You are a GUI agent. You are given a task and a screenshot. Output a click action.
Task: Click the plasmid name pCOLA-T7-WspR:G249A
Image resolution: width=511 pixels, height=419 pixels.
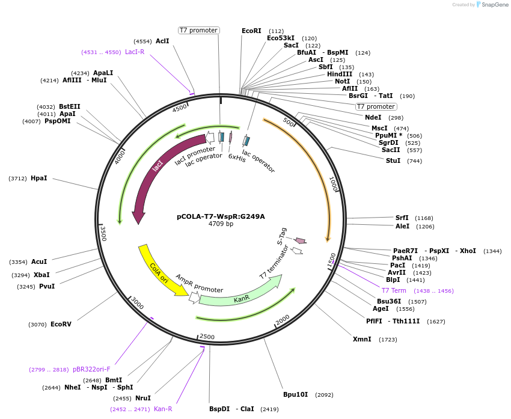coord(221,216)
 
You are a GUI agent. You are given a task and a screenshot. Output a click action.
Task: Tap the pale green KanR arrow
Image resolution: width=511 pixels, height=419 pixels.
coord(240,293)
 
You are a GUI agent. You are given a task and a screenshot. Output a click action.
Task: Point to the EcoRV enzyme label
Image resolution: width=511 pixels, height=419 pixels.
coord(61,324)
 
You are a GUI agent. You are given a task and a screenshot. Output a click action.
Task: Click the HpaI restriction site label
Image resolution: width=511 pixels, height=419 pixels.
coord(38,178)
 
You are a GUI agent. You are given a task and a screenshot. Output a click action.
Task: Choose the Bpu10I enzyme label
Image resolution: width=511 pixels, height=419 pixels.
coord(295,394)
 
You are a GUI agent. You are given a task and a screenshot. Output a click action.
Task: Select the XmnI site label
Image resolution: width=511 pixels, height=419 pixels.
coord(362,339)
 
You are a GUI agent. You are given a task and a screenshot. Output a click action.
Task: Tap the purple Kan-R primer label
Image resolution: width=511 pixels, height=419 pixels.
coord(163,409)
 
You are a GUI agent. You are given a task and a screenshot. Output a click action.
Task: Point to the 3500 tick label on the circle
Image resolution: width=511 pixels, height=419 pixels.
coord(103,233)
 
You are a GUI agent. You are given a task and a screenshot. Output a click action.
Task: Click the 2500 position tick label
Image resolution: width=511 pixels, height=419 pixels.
coord(207,337)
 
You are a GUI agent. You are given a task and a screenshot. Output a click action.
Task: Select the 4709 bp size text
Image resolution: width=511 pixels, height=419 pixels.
coord(221,224)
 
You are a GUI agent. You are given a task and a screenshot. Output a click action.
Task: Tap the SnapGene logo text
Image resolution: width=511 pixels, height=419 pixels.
coord(495,5)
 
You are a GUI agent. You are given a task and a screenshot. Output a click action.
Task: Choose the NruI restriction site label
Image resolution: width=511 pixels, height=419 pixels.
coord(142,397)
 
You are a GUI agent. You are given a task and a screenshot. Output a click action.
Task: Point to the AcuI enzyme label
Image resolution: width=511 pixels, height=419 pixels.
coord(39,261)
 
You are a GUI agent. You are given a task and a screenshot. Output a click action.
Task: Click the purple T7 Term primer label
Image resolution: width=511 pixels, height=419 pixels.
coord(394,290)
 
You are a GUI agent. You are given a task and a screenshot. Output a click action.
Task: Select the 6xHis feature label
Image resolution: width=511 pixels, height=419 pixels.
coord(237,158)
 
